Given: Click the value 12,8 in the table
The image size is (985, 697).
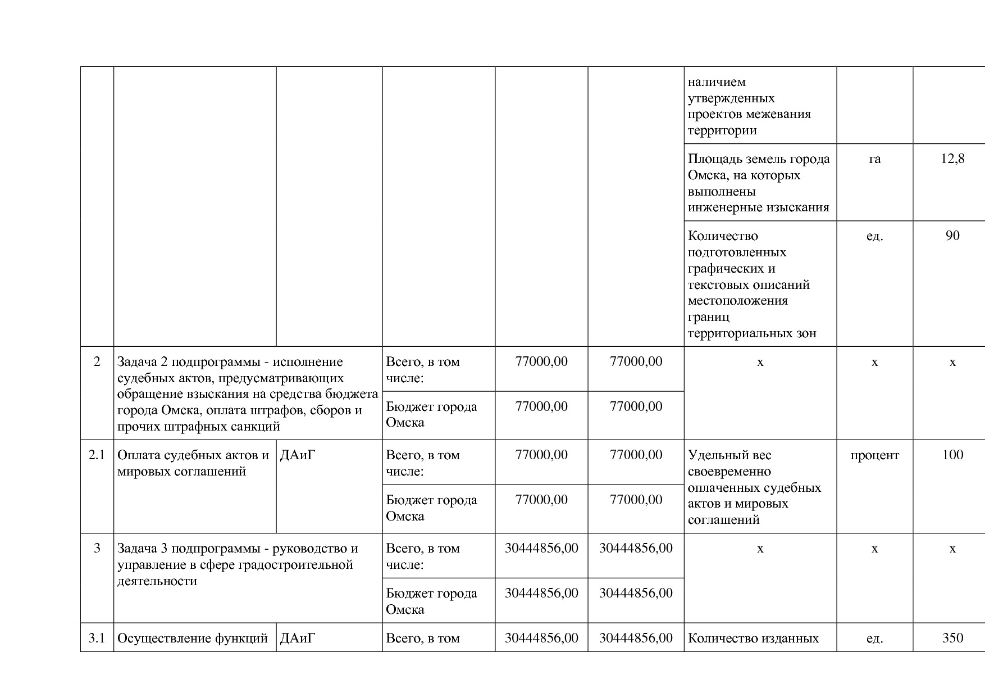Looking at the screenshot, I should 952,159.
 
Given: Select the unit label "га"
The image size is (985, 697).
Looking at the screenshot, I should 874,159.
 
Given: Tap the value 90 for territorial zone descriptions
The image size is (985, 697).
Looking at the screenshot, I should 952,236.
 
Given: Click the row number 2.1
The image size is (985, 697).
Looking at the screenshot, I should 97,455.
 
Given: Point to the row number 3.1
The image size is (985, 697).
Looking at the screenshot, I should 97,639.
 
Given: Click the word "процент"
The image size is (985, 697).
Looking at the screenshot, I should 874,455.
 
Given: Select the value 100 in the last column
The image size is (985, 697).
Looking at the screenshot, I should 952,455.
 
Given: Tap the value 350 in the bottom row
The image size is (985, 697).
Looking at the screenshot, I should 952,639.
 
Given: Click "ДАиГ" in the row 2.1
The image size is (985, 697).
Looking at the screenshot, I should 298,455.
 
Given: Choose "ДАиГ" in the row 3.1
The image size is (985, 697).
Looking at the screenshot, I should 298,639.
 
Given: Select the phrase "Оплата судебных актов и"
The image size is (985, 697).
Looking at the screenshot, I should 193,455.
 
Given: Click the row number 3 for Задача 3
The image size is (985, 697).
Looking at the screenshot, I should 97,549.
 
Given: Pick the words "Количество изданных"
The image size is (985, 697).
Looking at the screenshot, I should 753,639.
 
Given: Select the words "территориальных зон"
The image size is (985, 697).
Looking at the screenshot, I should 752,333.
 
